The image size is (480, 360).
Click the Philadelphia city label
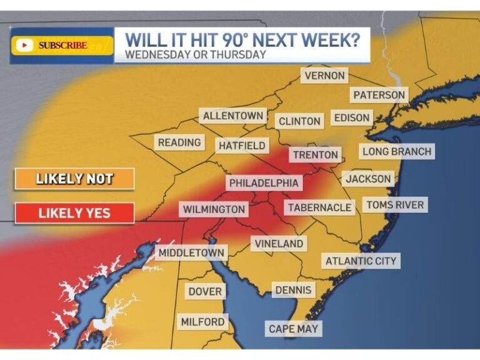(x=263, y=183)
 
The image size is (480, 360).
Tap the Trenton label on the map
(x=316, y=155)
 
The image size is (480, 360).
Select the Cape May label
(x=293, y=329)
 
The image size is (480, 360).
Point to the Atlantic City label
(x=361, y=261)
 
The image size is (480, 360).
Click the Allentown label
(x=232, y=116)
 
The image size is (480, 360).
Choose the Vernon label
(x=324, y=76)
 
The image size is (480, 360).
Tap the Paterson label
(x=379, y=95)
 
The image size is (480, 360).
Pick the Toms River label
(x=395, y=205)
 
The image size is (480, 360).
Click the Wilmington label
(x=214, y=209)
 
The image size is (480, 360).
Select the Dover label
(x=205, y=292)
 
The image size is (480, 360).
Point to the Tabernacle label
(x=319, y=207)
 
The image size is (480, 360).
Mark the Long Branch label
(x=397, y=151)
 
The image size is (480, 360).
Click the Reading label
(x=179, y=142)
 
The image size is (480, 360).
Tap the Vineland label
(x=279, y=244)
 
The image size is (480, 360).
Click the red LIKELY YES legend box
(x=74, y=213)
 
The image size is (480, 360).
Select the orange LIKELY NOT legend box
(x=74, y=179)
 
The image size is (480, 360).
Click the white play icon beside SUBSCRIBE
(x=25, y=45)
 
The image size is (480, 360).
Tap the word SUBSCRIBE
(x=62, y=45)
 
